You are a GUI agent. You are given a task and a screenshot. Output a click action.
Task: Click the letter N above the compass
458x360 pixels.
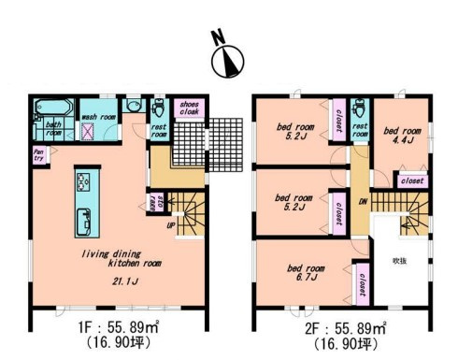218,38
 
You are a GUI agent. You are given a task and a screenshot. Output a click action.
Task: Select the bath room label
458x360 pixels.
54,129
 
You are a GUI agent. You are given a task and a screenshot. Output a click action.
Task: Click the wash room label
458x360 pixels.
97,117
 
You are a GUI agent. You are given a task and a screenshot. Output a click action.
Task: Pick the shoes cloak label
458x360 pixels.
189,108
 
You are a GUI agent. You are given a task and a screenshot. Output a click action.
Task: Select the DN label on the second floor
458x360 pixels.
362,201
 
